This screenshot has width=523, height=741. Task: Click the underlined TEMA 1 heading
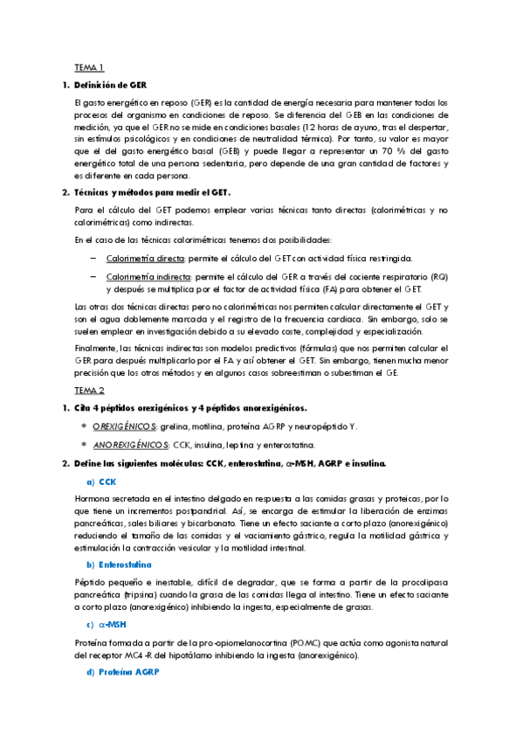pos(89,67)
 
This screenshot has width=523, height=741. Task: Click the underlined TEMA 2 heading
pos(89,391)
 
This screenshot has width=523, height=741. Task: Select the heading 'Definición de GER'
pos(111,85)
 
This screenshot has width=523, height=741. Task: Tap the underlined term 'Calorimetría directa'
pos(145,259)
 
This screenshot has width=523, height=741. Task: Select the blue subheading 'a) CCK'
pos(101,481)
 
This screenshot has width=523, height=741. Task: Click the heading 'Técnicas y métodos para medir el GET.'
pos(153,192)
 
